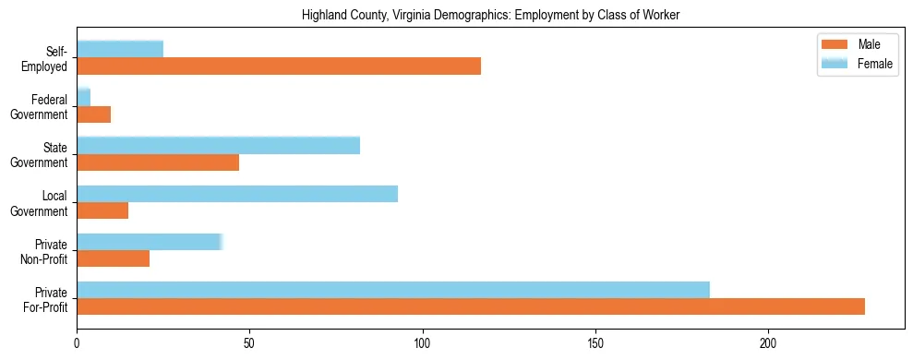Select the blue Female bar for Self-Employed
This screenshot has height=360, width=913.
120,49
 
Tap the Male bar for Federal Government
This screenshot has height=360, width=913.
93,114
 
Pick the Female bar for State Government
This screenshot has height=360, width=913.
218,145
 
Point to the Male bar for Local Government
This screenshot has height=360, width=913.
102,210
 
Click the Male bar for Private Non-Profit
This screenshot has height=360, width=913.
113,259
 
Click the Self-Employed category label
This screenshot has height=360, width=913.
51,58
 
